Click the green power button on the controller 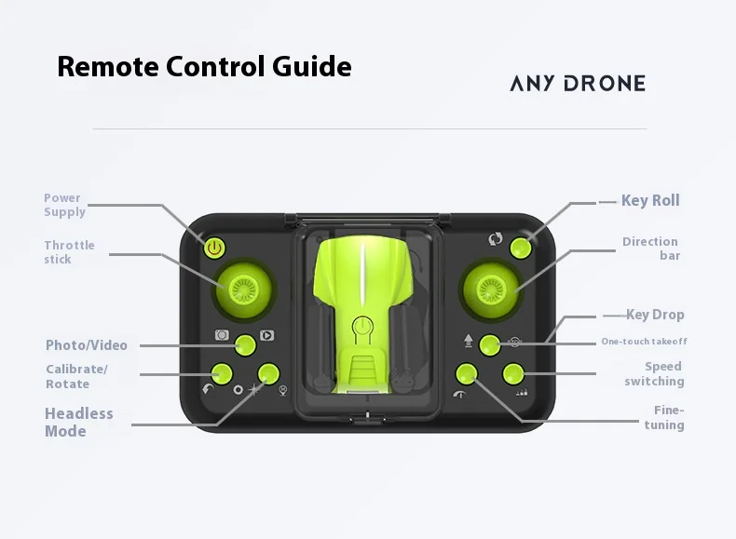tap(214, 249)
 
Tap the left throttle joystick tap(243, 289)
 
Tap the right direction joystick tap(490, 289)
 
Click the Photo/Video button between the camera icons tap(245, 345)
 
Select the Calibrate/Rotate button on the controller tap(222, 374)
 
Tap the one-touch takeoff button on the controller tap(490, 345)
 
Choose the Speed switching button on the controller tap(513, 374)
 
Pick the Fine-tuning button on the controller tap(467, 374)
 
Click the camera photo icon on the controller tap(222, 335)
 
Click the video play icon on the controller tap(267, 335)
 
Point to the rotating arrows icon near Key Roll tap(496, 239)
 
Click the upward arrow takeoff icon tap(468, 341)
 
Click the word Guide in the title tap(312, 66)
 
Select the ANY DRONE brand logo tap(578, 83)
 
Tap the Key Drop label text tap(655, 315)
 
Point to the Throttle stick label tap(70, 252)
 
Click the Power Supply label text tap(65, 205)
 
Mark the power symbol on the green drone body tap(362, 328)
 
